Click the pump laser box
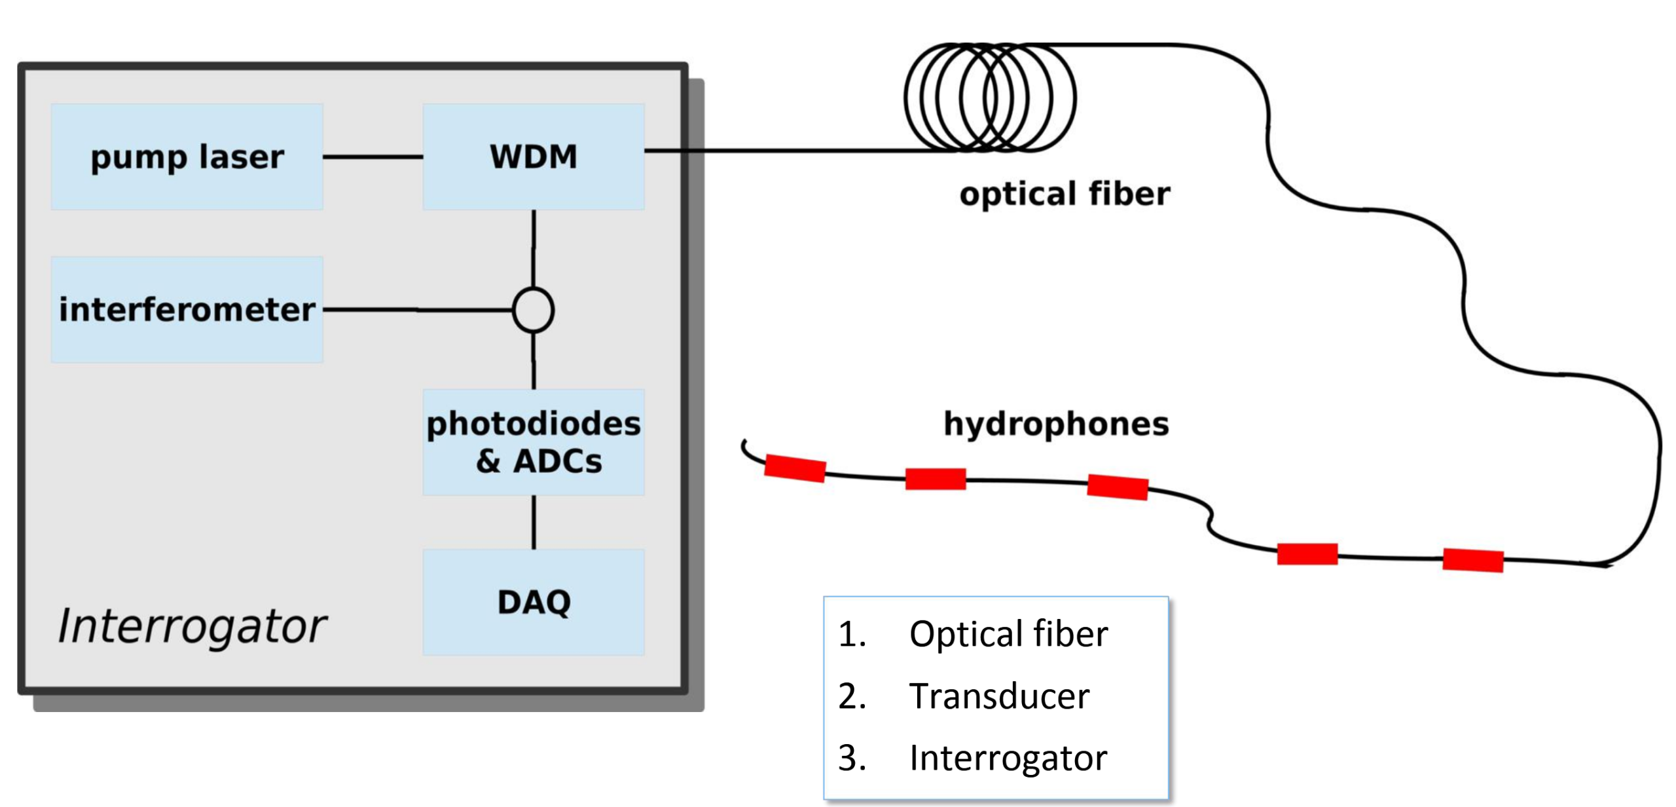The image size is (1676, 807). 187,157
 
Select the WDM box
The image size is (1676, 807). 533,157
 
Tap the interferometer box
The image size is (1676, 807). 187,309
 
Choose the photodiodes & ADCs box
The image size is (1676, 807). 533,442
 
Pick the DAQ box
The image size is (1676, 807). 533,602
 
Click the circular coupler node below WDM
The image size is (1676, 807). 533,310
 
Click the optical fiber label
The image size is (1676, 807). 1065,194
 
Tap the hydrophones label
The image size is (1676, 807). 1055,424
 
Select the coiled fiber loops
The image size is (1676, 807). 989,98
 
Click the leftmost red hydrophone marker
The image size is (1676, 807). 795,468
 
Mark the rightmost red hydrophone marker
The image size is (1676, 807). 1472,560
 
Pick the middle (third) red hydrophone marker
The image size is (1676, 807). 1117,487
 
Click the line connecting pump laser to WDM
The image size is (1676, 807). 373,157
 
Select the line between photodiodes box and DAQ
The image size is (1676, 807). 534,522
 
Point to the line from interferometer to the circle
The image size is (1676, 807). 417,309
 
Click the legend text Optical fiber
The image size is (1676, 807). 1008,634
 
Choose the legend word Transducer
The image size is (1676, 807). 999,696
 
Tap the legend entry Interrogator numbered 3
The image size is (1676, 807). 1008,758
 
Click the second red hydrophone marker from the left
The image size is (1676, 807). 935,479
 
